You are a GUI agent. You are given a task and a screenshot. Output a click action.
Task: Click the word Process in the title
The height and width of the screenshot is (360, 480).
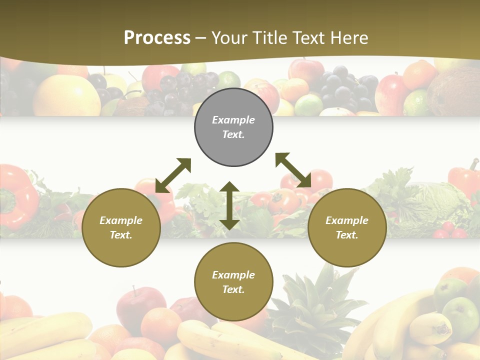point(157,38)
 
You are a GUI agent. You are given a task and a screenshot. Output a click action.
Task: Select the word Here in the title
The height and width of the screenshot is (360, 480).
point(349,38)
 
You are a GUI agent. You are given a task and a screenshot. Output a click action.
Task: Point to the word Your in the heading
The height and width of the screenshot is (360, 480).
point(228,38)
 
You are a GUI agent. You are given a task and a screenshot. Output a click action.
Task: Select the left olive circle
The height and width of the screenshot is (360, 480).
point(121,227)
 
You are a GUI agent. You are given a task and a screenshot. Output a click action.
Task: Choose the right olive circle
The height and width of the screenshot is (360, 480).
point(347,227)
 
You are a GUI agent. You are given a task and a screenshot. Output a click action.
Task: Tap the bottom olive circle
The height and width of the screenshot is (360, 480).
point(233,282)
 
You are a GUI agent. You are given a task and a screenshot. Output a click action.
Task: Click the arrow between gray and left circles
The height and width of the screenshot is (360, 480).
point(173,175)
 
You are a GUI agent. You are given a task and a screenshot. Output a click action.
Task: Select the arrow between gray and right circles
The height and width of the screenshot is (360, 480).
point(293,170)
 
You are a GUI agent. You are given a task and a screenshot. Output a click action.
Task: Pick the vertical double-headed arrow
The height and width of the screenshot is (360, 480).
point(229,205)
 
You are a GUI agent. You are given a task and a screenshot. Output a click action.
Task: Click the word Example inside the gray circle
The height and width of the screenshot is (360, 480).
point(233,120)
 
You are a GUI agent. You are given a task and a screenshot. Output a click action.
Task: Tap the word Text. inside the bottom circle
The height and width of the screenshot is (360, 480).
point(233,289)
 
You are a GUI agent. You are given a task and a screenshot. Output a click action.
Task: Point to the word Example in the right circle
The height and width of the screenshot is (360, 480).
point(347,220)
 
